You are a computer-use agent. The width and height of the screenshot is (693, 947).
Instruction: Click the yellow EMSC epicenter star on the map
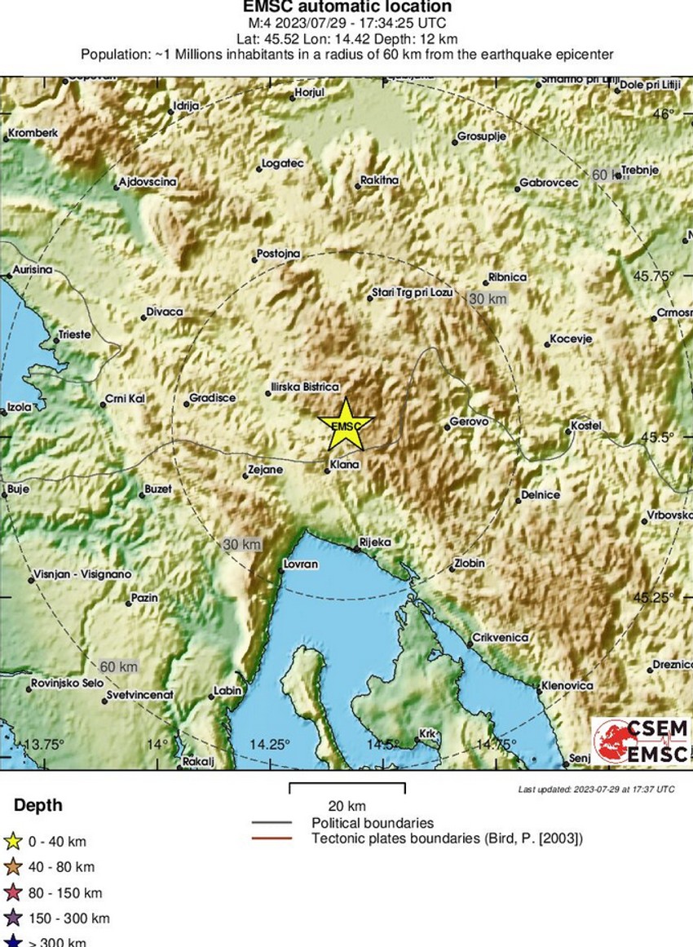click(346, 425)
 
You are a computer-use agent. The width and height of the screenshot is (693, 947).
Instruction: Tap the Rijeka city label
click(376, 542)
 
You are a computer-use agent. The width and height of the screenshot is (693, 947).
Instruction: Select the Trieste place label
click(74, 335)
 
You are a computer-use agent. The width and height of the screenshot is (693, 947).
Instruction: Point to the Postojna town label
click(278, 254)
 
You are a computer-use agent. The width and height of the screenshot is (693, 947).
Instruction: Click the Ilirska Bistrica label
click(304, 387)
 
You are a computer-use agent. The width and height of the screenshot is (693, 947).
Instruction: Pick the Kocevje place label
click(571, 339)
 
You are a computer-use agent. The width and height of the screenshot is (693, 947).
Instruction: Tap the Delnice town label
click(541, 495)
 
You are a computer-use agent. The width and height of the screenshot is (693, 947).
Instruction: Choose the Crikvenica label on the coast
click(501, 637)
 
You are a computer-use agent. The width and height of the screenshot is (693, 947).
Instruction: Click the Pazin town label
click(144, 598)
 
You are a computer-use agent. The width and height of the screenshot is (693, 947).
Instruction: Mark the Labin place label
click(227, 691)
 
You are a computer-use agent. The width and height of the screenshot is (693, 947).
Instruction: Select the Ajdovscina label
click(148, 182)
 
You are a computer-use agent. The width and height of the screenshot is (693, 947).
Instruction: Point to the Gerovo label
click(469, 422)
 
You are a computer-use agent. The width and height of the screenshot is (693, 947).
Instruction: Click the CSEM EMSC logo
click(640, 741)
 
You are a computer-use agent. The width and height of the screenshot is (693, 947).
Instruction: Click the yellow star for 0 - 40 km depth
click(13, 841)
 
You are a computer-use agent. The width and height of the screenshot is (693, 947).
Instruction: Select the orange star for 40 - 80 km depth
click(13, 867)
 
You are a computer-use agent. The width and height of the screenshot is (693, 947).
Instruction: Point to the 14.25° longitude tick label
click(270, 744)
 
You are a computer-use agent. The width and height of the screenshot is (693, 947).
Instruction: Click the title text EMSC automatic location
click(346, 7)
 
